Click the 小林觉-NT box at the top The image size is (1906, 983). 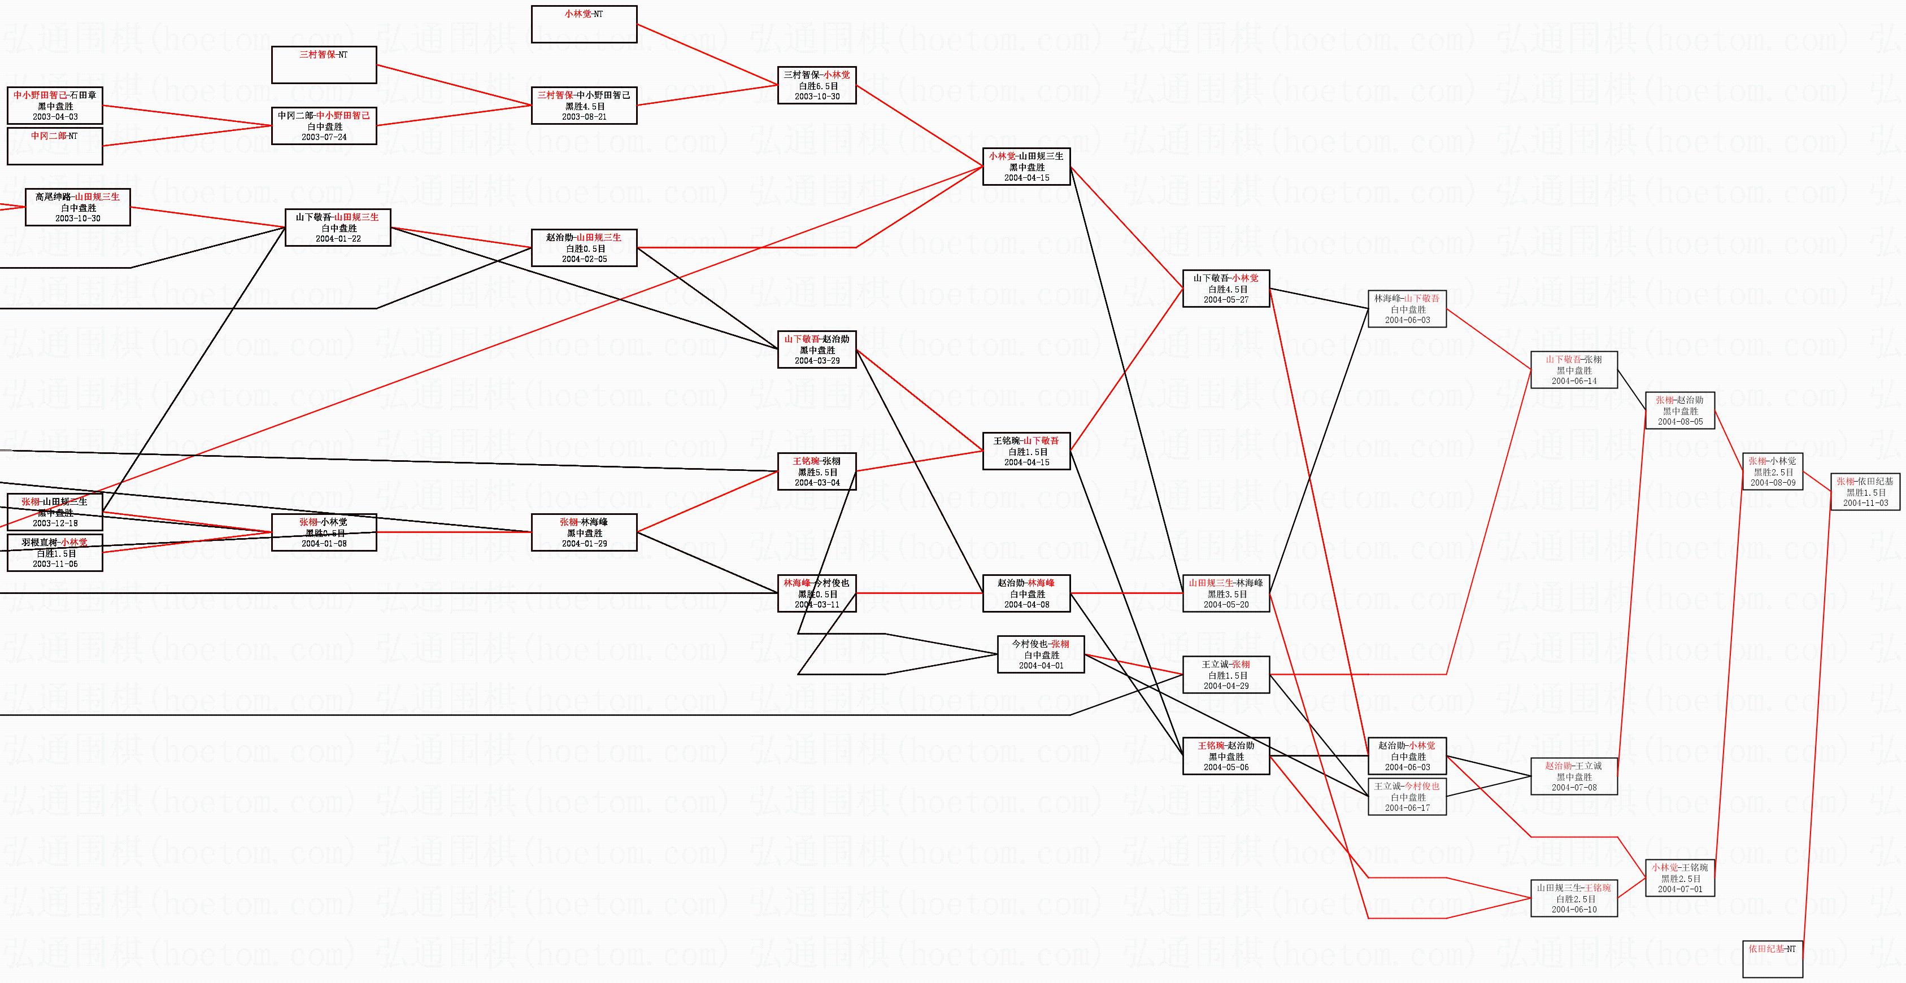[584, 24]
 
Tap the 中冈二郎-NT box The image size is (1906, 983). [55, 146]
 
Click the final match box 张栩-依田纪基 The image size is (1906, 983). [1865, 492]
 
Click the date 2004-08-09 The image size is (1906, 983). [1773, 483]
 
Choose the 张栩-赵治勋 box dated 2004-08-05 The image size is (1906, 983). [1679, 410]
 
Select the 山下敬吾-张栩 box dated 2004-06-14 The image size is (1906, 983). [1574, 370]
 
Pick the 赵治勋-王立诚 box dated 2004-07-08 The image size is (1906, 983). [1574, 776]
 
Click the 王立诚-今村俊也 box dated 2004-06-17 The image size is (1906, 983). [1407, 797]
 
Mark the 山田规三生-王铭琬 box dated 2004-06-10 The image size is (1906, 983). [1574, 898]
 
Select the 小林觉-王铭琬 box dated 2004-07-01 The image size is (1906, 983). [1679, 878]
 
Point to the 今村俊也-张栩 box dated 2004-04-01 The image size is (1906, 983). [1041, 654]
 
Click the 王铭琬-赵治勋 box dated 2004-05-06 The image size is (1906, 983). [1226, 756]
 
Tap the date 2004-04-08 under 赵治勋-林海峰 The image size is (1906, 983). [1026, 604]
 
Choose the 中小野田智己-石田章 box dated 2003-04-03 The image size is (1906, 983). [55, 106]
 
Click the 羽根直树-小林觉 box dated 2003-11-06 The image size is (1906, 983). [55, 553]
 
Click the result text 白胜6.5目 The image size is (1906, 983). [817, 86]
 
